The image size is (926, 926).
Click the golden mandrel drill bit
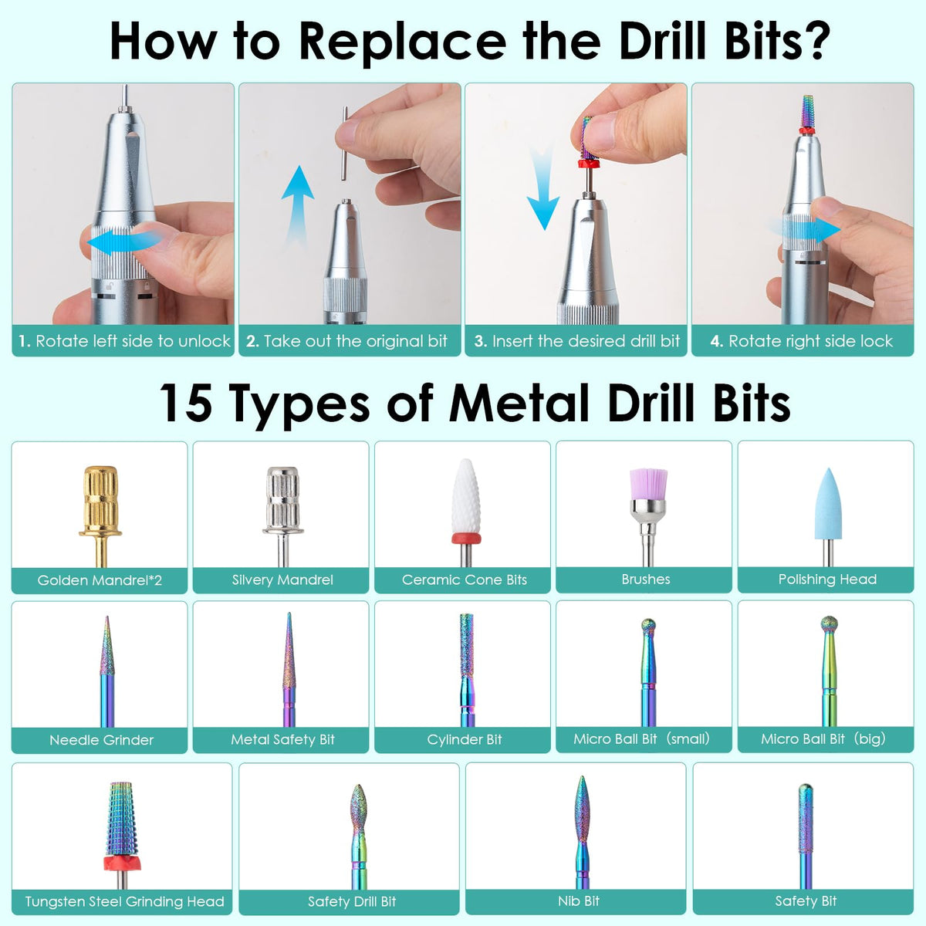[x=100, y=514]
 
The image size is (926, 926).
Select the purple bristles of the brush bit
[x=648, y=483]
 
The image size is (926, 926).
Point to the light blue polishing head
[x=828, y=504]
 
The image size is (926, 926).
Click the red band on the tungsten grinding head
[x=123, y=863]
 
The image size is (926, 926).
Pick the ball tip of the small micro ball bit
[x=648, y=625]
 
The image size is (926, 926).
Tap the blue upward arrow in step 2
[x=297, y=207]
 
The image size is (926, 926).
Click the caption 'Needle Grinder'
[x=101, y=739]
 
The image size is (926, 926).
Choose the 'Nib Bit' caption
[x=579, y=901]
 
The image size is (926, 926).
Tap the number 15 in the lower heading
[x=185, y=403]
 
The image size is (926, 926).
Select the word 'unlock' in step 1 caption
[x=204, y=341]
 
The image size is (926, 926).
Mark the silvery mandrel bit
[x=283, y=515]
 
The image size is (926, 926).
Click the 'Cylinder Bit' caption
[x=465, y=739]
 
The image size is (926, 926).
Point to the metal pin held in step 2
[x=344, y=144]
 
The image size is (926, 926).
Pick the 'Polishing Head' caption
[x=827, y=579]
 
